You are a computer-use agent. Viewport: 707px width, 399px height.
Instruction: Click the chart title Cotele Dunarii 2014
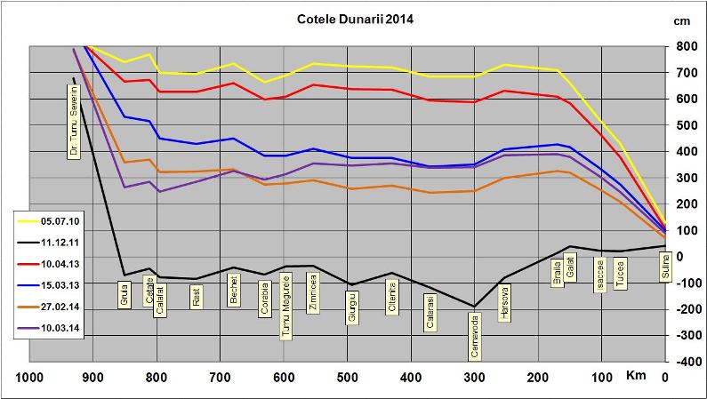click(354, 18)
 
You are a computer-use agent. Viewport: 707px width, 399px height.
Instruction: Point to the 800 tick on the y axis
click(685, 46)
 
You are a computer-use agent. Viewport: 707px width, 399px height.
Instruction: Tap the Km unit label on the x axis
click(635, 377)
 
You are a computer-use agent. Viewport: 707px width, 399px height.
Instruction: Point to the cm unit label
click(683, 20)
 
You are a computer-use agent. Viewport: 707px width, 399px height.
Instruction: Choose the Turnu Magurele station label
click(285, 307)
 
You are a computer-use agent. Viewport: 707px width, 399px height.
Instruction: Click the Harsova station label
click(504, 304)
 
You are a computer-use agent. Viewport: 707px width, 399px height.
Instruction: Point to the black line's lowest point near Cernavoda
click(474, 307)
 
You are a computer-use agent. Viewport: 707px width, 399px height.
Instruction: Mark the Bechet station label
click(234, 291)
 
